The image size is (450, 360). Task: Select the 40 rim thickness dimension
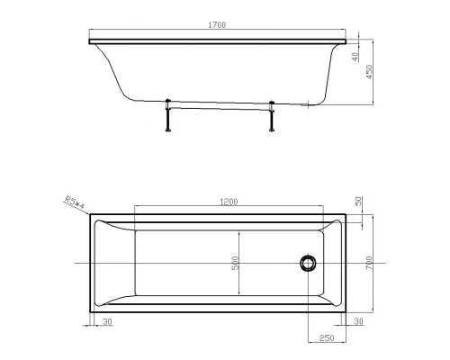[x=357, y=55]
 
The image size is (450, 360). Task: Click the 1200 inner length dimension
[x=229, y=202]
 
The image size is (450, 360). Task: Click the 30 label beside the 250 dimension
[x=358, y=320]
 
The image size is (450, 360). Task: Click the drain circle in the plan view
[x=308, y=262]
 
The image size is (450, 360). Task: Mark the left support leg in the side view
[x=168, y=115]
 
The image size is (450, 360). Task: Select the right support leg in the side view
[x=271, y=115]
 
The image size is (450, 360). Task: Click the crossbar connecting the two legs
[x=220, y=106]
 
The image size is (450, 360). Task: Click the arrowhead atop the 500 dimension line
[x=239, y=232]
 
